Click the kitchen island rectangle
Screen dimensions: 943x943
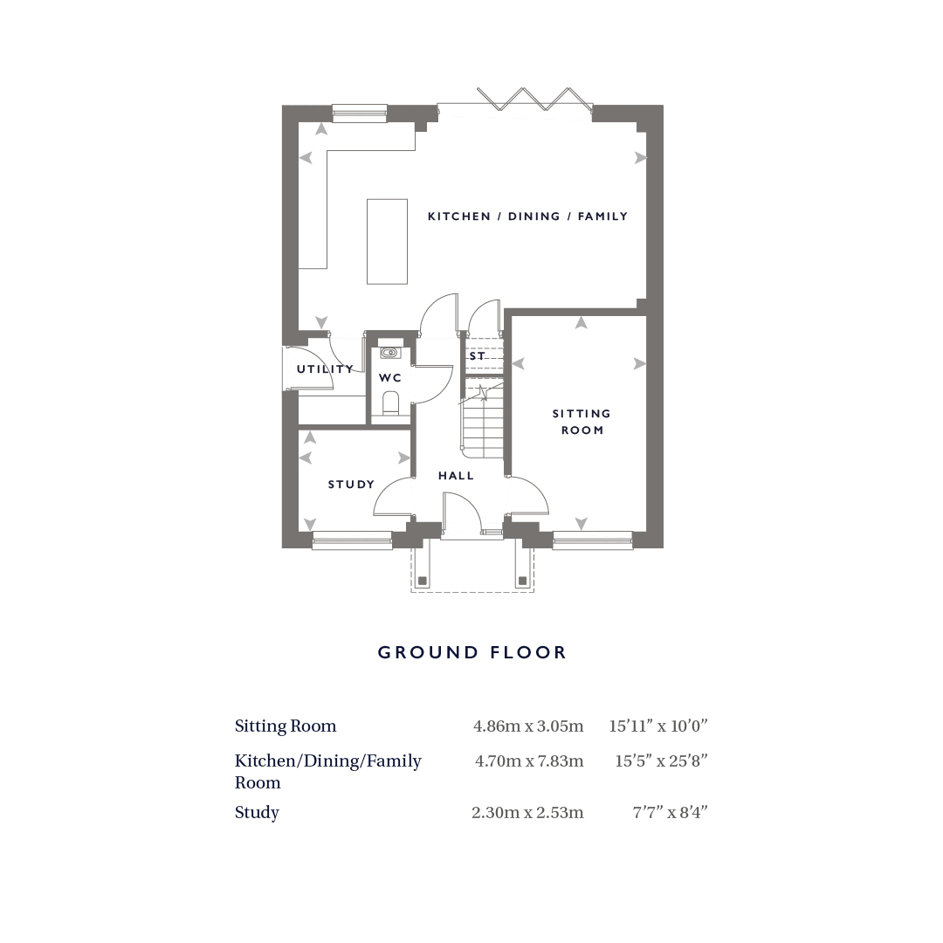click(388, 241)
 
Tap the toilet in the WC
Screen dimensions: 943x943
click(390, 403)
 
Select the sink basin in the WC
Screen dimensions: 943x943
click(389, 353)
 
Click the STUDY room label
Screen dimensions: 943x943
click(351, 484)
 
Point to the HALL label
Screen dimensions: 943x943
click(456, 476)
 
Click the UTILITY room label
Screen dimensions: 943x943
click(326, 368)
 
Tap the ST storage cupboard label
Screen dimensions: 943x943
click(478, 356)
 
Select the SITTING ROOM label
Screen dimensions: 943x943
click(582, 422)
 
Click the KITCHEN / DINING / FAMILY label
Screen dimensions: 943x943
click(527, 216)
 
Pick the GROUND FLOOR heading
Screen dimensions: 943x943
click(472, 652)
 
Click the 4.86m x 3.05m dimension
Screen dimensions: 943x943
click(528, 726)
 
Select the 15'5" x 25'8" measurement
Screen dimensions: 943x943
click(661, 761)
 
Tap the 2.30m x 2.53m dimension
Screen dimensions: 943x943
click(527, 813)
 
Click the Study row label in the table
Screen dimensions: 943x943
click(257, 813)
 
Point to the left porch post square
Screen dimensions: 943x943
click(423, 581)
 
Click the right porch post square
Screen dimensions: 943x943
click(522, 581)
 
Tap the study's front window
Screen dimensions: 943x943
click(353, 540)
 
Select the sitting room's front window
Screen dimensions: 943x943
click(593, 540)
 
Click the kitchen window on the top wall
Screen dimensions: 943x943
click(360, 113)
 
